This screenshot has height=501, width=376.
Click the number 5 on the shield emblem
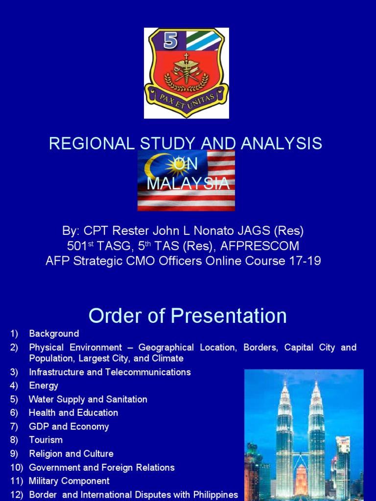coord(170,40)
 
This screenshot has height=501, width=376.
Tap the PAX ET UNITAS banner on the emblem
coord(186,98)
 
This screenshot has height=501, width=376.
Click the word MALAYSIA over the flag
coord(188,183)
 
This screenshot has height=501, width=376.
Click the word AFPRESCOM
coord(267,246)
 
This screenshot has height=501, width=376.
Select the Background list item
coord(54,334)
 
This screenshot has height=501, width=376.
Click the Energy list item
coord(44,386)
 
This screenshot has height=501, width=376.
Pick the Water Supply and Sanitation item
coord(88,399)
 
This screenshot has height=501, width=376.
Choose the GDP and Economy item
coord(69,427)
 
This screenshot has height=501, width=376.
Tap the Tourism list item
coord(46,440)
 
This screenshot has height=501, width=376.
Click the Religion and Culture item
coord(71,454)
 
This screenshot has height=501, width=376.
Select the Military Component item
coord(70,481)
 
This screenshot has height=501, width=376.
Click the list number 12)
coord(17,495)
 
